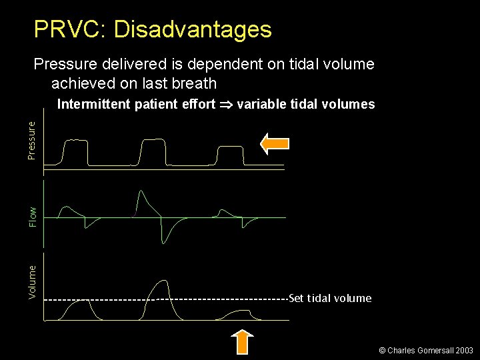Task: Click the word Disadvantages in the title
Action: coord(193,29)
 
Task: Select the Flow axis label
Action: coord(32,215)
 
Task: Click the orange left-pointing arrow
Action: coord(274,143)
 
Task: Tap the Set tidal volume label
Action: coord(331,298)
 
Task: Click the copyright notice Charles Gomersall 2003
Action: coord(426,350)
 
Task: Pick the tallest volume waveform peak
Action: coord(161,283)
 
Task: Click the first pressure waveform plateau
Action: coord(75,140)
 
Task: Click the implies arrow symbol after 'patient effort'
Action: coord(226,104)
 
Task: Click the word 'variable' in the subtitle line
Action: coord(260,104)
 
